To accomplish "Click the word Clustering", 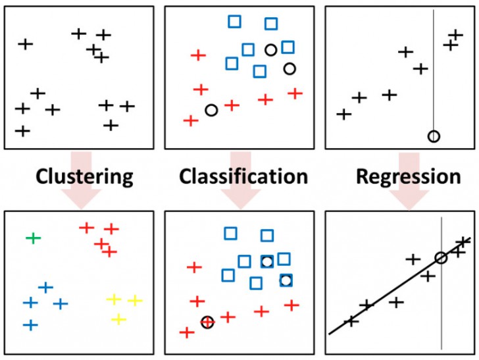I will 84,176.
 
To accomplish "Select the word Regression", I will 408,176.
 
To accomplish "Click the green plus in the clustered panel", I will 33,237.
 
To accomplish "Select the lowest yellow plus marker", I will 118,320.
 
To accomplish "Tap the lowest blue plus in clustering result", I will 30,325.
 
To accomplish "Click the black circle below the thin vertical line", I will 433,136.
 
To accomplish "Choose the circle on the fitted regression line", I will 441,258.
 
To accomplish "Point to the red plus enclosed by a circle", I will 207,322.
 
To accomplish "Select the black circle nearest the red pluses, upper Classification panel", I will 211,111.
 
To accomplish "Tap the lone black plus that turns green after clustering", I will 25,44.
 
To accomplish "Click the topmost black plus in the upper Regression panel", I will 455,35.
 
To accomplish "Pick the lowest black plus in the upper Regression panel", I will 343,115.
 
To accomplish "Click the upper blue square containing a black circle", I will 266,261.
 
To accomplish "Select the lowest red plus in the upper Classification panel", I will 191,120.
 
